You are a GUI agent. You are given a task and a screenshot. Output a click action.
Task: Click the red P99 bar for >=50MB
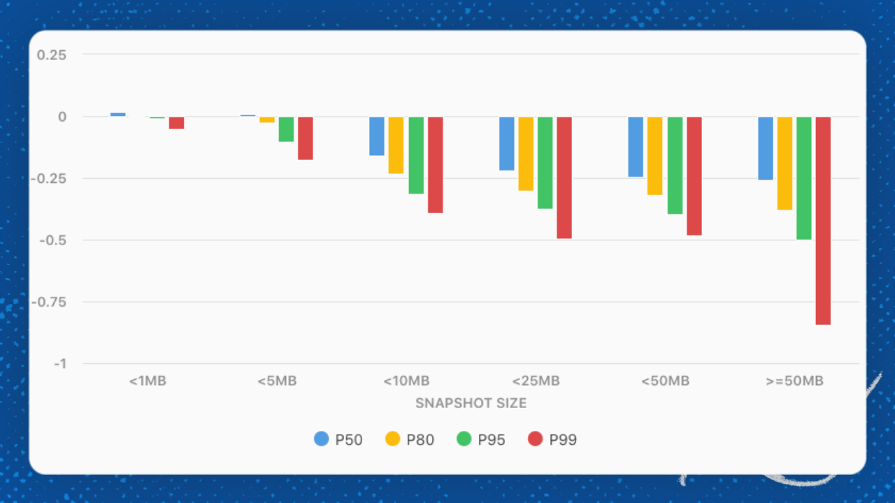click(x=823, y=220)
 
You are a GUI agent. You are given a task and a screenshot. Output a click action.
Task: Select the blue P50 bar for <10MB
click(x=377, y=136)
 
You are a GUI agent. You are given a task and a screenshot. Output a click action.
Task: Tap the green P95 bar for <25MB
click(x=545, y=163)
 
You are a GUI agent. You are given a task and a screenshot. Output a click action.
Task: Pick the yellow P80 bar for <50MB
click(x=654, y=156)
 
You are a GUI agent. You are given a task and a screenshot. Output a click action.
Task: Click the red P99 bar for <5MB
click(x=306, y=138)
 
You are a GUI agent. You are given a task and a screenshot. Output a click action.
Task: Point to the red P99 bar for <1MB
click(x=176, y=123)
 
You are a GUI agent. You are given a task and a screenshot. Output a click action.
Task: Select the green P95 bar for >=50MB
click(x=804, y=178)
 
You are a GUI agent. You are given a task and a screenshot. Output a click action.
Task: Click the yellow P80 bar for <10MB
click(x=396, y=145)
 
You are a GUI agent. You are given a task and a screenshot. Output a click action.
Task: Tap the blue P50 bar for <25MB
click(x=507, y=144)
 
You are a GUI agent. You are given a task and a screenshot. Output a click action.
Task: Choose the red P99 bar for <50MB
click(x=694, y=176)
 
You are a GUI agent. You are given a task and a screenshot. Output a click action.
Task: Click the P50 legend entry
click(x=338, y=439)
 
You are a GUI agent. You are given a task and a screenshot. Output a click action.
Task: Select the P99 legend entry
click(x=552, y=439)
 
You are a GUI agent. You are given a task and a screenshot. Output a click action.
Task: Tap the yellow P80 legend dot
click(x=393, y=439)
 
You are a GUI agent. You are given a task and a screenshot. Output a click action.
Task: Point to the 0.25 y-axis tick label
click(x=51, y=54)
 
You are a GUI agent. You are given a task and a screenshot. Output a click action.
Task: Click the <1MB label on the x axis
click(x=148, y=381)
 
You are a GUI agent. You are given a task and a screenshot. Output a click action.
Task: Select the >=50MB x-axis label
click(x=795, y=381)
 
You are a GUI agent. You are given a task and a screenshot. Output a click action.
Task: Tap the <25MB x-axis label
click(x=536, y=381)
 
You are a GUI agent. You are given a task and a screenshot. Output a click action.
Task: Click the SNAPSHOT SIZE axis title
click(x=471, y=403)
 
